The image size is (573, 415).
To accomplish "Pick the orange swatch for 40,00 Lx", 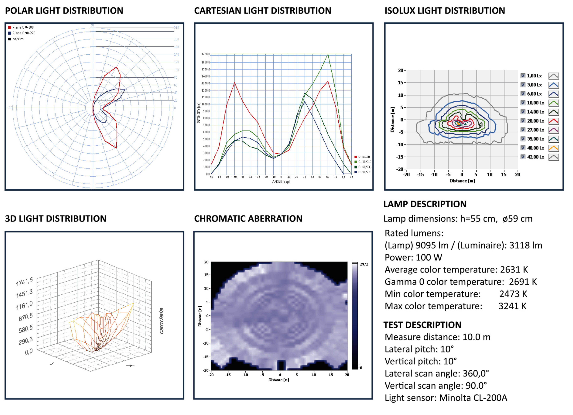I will pyautogui.click(x=553, y=148).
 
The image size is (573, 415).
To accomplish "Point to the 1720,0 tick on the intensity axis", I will pyautogui.click(x=205, y=54).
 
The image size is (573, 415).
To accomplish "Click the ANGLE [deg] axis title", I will pyautogui.click(x=281, y=182).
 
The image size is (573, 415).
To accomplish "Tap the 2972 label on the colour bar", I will pyautogui.click(x=364, y=264).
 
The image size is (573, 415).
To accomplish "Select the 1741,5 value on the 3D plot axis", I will pyautogui.click(x=25, y=282).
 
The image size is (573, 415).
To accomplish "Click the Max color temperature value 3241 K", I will pyautogui.click(x=512, y=306).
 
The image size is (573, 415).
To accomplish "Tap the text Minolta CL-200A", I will pyautogui.click(x=473, y=398).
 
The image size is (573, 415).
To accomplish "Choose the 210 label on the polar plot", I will pyautogui.click(x=176, y=28).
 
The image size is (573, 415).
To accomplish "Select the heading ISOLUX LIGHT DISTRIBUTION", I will pyautogui.click(x=445, y=11).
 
